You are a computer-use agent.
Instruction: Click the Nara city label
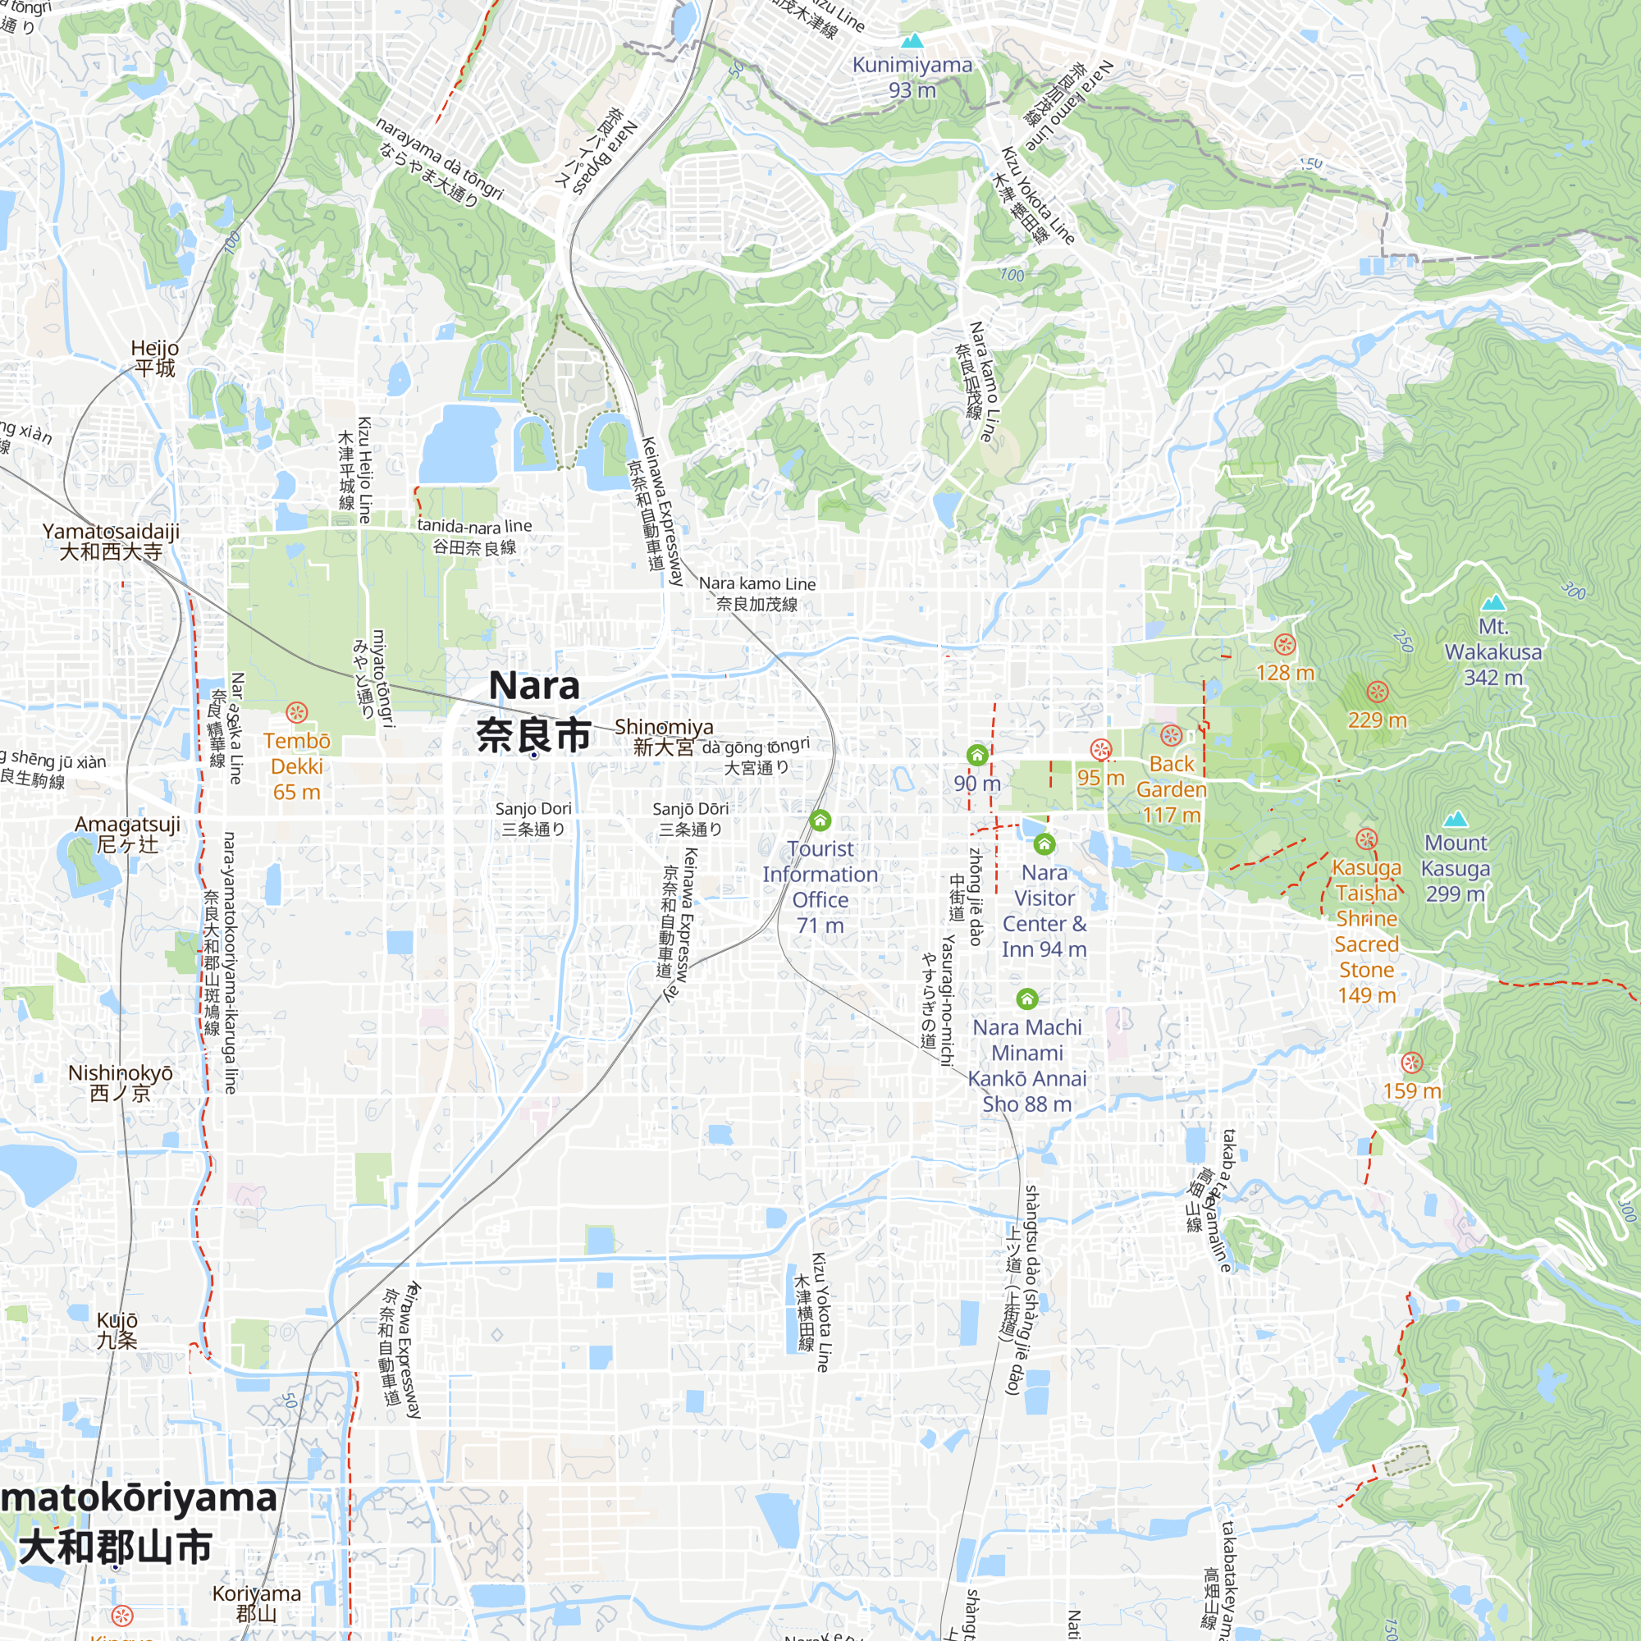point(533,710)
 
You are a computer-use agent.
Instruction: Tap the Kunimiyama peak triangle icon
point(912,41)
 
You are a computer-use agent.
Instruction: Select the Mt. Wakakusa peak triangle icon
point(1493,602)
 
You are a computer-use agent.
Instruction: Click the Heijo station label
point(154,358)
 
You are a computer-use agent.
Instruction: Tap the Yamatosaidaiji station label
point(112,541)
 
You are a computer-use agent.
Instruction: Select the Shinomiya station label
point(665,737)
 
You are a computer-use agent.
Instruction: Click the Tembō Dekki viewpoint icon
point(296,711)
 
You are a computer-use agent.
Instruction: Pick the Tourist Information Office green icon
point(820,820)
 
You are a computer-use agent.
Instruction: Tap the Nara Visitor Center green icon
point(1044,843)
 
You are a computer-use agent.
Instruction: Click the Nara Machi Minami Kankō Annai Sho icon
point(1027,998)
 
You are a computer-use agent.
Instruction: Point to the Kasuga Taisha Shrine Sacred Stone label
point(1366,931)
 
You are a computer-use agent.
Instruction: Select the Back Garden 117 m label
point(1172,789)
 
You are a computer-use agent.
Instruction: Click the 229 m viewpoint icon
point(1377,692)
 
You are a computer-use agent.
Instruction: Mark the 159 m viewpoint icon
point(1411,1063)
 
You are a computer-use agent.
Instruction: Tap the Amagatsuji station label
point(127,834)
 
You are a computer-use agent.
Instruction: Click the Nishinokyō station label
point(121,1083)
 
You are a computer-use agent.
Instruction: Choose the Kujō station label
point(117,1330)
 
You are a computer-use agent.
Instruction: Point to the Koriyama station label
point(257,1602)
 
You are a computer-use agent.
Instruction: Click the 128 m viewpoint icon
point(1284,645)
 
